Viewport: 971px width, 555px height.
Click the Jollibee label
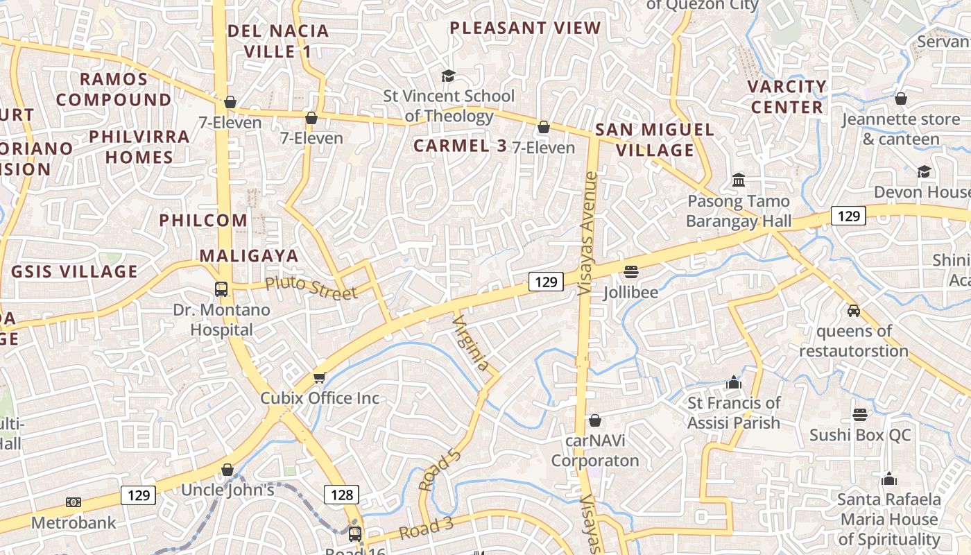630,292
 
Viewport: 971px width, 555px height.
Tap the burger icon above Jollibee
630,271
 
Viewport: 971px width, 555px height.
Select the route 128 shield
342,495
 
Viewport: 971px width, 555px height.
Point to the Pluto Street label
311,287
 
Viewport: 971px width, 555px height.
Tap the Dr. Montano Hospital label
221,319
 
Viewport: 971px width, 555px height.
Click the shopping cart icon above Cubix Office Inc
319,377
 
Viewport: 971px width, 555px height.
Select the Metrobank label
74,522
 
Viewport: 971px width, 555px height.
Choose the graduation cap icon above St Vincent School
449,75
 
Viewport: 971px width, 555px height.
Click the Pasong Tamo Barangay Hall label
739,211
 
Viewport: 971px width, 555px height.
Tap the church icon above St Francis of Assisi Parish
734,382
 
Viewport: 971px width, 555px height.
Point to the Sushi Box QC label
860,435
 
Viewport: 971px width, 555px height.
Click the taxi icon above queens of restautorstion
853,310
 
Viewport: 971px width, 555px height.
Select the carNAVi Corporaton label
594,450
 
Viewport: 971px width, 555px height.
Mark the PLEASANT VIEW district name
525,28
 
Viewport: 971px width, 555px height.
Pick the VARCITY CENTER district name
787,97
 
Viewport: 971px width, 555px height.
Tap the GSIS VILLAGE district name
74,271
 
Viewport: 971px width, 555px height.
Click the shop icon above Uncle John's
227,470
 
